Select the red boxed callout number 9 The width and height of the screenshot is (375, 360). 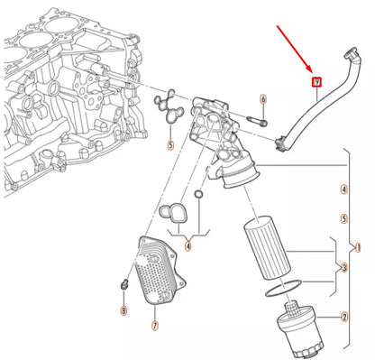316,83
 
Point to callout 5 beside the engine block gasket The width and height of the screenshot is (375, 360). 169,143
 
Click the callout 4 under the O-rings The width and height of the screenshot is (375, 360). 188,245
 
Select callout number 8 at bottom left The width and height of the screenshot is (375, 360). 123,310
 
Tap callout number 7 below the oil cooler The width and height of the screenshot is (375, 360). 154,324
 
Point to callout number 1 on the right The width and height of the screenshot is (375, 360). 358,246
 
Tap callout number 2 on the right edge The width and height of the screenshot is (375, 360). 343,318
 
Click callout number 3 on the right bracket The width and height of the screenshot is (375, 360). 343,268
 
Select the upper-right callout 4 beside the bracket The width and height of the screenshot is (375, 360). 343,189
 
